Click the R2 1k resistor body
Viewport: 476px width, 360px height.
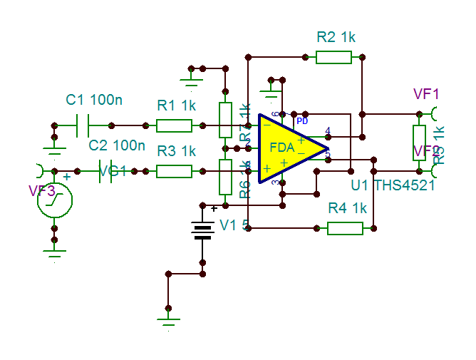[333, 56]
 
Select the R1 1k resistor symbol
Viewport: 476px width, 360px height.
[174, 126]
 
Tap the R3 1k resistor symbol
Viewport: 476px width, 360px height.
[174, 171]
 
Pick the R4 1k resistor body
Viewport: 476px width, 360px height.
[345, 228]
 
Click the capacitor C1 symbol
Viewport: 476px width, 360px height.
[82, 126]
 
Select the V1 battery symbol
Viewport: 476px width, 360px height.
[203, 230]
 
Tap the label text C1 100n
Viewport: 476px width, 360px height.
[94, 101]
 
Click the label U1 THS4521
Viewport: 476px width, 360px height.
[393, 185]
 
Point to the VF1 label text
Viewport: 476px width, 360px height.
[427, 94]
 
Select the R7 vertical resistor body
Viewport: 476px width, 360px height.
[225, 120]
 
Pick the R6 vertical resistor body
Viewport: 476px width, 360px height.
[225, 177]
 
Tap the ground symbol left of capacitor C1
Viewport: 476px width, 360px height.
[55, 146]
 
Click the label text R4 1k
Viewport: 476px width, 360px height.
[347, 208]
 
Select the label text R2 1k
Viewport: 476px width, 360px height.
[336, 36]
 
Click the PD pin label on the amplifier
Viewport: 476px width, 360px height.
[302, 121]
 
